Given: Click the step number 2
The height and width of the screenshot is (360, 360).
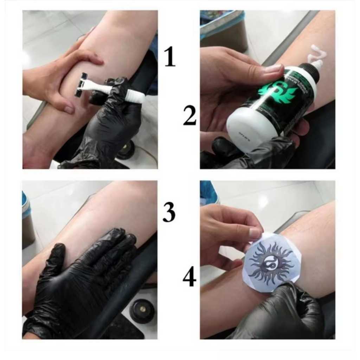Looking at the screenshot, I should pyautogui.click(x=190, y=116).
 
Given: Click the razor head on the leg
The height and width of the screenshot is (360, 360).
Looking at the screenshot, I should pyautogui.click(x=81, y=85).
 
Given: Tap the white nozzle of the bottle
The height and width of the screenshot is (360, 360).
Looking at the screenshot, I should pyautogui.click(x=315, y=67).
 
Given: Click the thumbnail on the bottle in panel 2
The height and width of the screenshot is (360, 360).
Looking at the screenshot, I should pyautogui.click(x=272, y=69).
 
